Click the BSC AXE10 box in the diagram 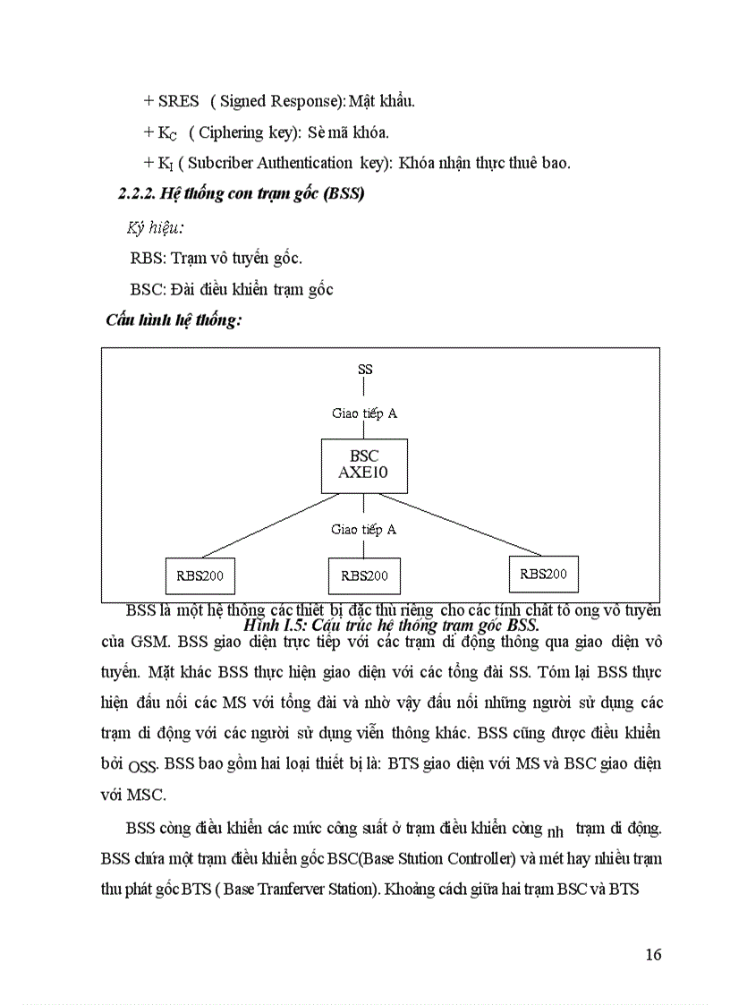click(x=363, y=465)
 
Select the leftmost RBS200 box click(x=199, y=575)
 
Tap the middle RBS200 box click(x=364, y=576)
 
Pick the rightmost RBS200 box click(x=543, y=574)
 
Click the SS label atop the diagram click(x=365, y=369)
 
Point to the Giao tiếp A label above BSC click(x=363, y=413)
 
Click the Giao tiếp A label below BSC click(x=363, y=530)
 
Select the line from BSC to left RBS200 click(x=259, y=527)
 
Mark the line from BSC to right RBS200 click(x=474, y=526)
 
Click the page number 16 click(x=653, y=954)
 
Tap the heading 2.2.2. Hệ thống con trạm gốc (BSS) click(x=242, y=193)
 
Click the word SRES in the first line click(x=179, y=101)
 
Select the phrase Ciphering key click(x=241, y=132)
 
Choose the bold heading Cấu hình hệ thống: click(x=174, y=319)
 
